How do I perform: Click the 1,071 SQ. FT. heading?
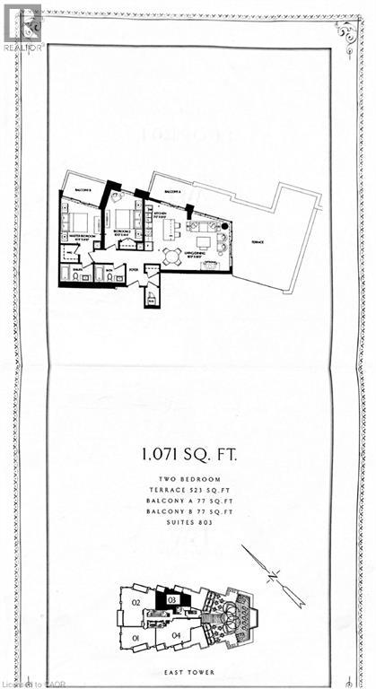pyautogui.click(x=188, y=454)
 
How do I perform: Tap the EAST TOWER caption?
pyautogui.click(x=188, y=667)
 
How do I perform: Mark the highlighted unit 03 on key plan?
pyautogui.click(x=170, y=600)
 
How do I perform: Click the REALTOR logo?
pyautogui.click(x=21, y=26)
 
